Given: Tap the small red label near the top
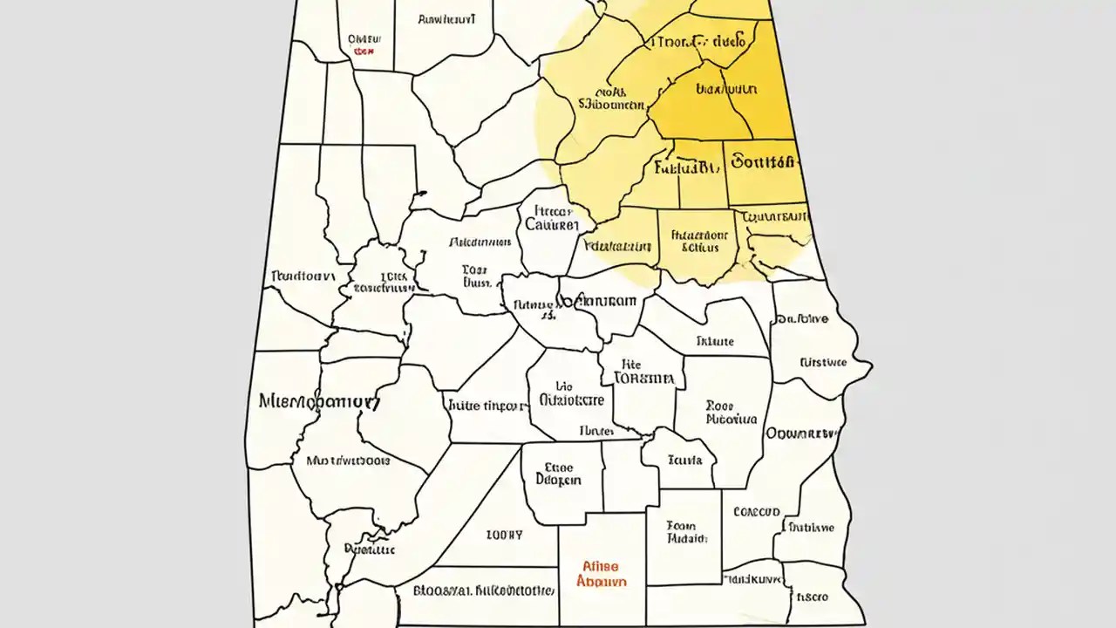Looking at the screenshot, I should [363, 51].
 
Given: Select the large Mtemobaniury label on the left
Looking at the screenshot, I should [320, 402].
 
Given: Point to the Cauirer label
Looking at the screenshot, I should [552, 224].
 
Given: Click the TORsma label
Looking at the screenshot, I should [644, 379].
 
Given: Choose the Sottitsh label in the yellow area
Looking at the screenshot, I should [763, 162].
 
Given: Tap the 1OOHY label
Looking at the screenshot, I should [504, 534].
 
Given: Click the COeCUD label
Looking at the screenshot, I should [756, 512].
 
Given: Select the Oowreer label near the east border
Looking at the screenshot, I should [800, 433].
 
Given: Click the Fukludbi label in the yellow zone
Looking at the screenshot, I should [684, 165].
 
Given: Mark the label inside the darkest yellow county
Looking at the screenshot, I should [725, 89].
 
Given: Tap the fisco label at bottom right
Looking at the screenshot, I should [811, 597].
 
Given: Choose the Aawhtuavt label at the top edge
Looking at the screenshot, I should [446, 17].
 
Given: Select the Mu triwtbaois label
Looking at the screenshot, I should [349, 460].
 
